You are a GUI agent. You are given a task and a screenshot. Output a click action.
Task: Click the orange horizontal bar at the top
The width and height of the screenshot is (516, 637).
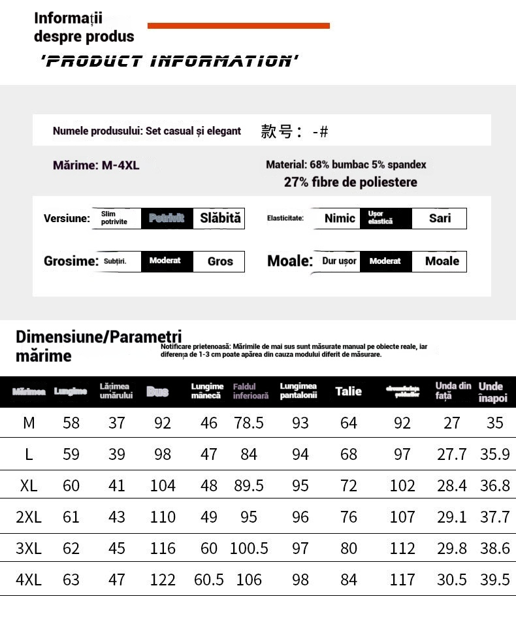click(238, 26)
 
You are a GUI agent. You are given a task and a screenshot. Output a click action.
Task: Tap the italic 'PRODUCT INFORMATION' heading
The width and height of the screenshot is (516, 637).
click(169, 62)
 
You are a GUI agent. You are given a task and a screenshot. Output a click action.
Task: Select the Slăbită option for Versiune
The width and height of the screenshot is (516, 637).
click(220, 218)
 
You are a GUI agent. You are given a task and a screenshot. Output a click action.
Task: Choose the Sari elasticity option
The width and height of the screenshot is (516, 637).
click(440, 218)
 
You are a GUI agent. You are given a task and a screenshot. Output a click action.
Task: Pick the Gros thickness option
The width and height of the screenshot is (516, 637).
click(220, 261)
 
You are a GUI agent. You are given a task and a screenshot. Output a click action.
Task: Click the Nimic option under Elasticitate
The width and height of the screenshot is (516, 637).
click(340, 218)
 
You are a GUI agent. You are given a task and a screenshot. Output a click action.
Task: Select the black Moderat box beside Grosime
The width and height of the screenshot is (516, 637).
click(165, 261)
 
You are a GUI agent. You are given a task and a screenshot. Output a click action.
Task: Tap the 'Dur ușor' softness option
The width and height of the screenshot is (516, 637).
click(339, 261)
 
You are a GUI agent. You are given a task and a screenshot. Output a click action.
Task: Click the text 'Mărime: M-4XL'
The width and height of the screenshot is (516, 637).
click(96, 165)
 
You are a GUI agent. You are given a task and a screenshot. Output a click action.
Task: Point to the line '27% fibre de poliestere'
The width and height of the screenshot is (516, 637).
click(350, 182)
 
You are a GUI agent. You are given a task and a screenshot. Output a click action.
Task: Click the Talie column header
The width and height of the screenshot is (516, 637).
click(348, 391)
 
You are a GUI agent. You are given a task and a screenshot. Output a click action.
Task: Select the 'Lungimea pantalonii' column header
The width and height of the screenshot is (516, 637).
click(298, 391)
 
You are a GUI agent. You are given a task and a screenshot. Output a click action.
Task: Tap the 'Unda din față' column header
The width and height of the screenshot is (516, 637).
click(453, 391)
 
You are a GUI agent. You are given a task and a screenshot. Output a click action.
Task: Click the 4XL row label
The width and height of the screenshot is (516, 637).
click(29, 580)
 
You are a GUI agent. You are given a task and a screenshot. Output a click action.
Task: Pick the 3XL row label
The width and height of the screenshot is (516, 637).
click(29, 549)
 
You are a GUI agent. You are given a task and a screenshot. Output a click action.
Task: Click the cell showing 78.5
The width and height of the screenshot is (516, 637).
click(249, 423)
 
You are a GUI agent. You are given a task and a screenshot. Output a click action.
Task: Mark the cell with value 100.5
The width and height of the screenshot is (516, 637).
click(249, 549)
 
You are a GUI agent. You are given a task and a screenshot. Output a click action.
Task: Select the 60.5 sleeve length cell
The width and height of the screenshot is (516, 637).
click(209, 580)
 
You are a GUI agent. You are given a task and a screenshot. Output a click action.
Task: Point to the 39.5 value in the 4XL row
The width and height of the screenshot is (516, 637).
click(495, 580)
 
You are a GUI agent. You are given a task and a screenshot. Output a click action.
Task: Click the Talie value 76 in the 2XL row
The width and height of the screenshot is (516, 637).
click(349, 517)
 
